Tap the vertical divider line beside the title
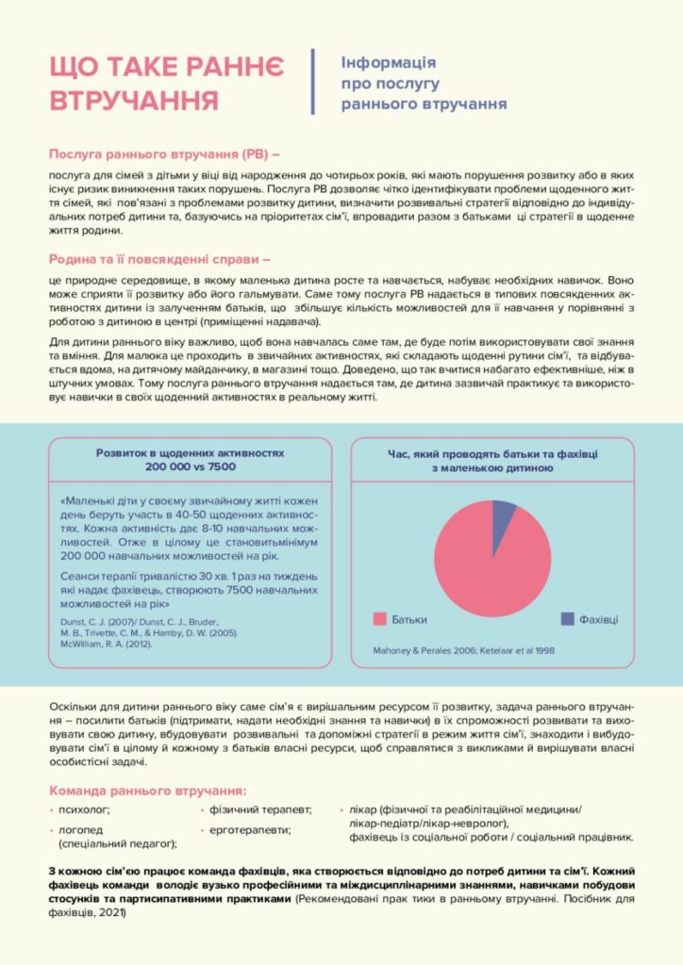pyautogui.click(x=312, y=82)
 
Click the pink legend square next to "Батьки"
pyautogui.click(x=379, y=618)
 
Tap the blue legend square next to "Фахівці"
pyautogui.click(x=567, y=618)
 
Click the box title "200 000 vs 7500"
pyautogui.click(x=190, y=466)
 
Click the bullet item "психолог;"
pyautogui.click(x=85, y=810)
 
